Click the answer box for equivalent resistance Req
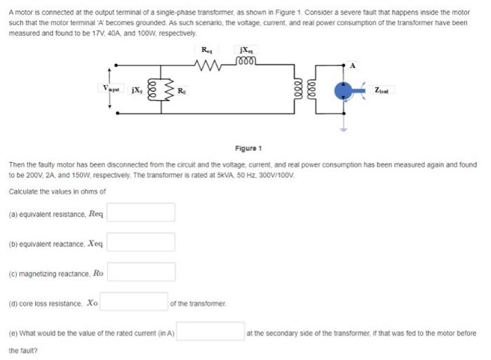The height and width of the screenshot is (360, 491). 141,212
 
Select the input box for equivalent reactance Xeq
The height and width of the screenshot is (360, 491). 141,242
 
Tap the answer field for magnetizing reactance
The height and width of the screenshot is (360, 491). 141,272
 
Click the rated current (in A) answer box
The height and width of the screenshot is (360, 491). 209,333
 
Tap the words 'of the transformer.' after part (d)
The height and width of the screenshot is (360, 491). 198,303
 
